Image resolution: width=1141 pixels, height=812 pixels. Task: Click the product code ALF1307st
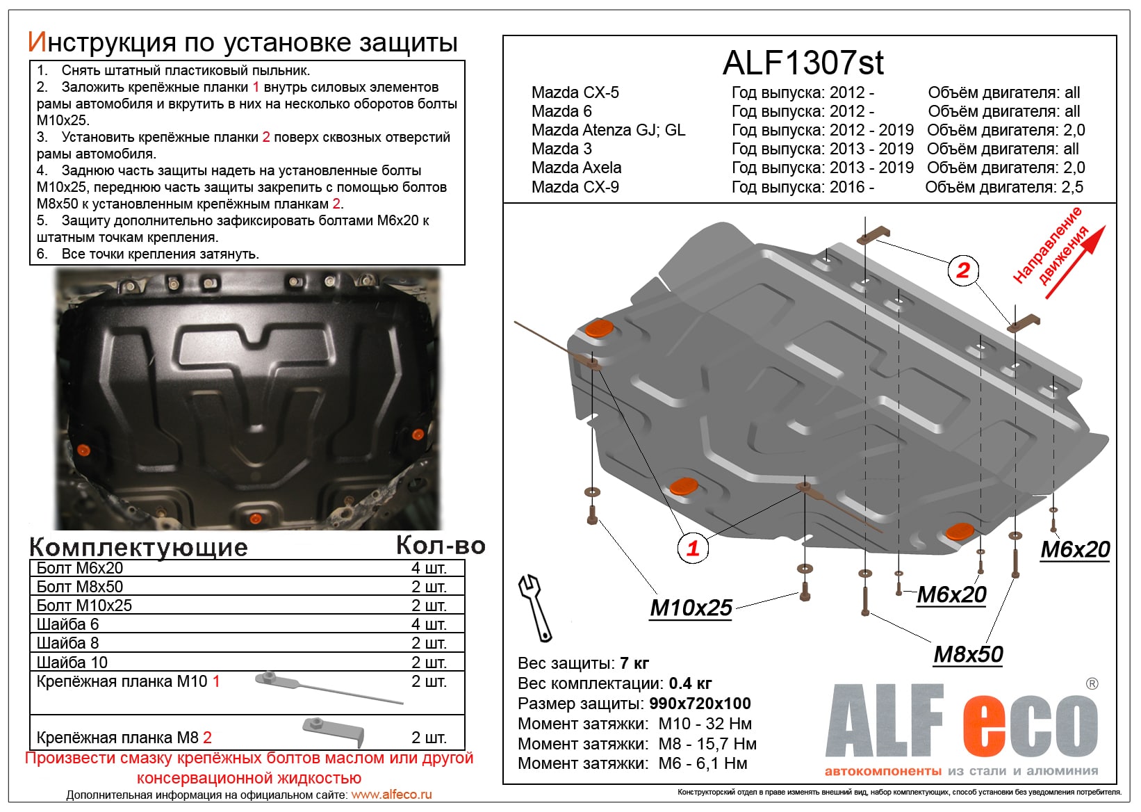803,63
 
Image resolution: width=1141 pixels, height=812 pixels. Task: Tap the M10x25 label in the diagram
691,608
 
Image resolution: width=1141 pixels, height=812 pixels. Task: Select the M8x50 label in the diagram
968,654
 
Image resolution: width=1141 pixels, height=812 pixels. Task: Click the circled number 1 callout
693,548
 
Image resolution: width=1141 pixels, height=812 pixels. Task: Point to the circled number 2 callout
963,270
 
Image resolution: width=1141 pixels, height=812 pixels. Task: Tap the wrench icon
535,607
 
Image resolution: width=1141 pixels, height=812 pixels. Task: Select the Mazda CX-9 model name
575,187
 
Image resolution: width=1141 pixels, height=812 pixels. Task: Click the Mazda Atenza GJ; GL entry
608,130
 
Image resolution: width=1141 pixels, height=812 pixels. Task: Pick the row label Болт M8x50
80,587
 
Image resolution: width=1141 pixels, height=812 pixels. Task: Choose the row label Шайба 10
72,663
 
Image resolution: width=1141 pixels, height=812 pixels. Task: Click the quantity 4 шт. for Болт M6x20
429,568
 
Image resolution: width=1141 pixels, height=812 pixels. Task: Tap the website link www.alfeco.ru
391,795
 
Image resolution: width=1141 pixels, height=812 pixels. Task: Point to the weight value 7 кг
634,663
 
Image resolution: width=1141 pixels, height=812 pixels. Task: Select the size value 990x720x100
700,704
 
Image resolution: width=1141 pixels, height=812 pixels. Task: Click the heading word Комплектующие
138,547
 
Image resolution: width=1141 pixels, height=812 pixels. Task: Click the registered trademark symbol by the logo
1092,684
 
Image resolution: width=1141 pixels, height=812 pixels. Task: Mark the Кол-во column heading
440,546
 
